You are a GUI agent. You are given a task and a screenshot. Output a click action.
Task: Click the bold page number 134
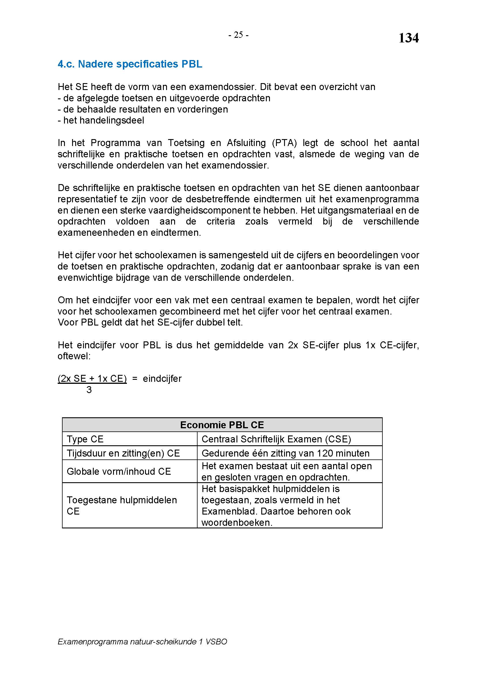pos(408,38)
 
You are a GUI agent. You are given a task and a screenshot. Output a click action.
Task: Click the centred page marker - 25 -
pos(238,35)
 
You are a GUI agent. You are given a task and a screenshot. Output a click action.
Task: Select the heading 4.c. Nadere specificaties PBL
pos(130,64)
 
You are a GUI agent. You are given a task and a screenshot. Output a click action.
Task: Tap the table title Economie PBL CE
pos(222,425)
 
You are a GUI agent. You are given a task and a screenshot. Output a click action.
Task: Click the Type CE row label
pos(85,439)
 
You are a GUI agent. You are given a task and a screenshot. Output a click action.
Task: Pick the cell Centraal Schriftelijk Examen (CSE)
pos(276,439)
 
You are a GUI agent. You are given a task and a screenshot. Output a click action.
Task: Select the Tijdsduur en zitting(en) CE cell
pos(123,453)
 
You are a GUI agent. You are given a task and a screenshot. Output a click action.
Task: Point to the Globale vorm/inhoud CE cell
pos(119,471)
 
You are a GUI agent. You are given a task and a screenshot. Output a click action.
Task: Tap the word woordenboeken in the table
pos(237,522)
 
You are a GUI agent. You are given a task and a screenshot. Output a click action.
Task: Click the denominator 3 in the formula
pos(89,390)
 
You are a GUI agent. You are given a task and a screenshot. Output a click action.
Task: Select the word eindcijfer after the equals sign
pos(162,379)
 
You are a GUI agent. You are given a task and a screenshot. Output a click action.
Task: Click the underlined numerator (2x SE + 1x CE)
pos(92,379)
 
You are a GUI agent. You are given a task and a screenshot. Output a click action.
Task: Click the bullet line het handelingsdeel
pos(101,121)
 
